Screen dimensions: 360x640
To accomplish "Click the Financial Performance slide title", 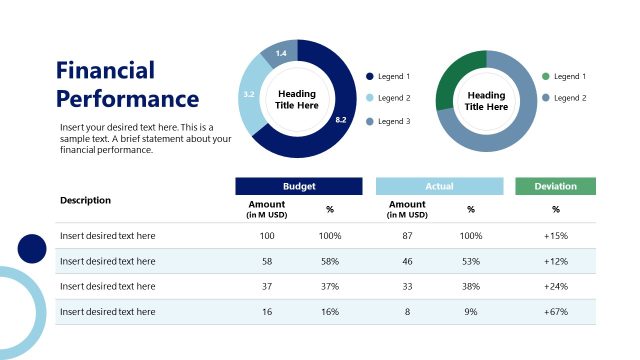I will pos(127,84).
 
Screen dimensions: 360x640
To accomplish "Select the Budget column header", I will pos(298,186).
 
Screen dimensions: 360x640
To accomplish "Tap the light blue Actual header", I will pos(439,186).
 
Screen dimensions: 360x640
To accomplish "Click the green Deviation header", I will pos(555,186).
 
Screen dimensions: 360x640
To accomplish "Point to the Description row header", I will pos(85,200).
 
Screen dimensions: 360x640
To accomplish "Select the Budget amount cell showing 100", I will pos(266,236).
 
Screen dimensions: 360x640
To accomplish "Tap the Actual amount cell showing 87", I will pos(407,236).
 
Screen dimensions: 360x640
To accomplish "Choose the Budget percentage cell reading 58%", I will pos(330,261).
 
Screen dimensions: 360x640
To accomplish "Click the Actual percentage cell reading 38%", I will pos(470,286).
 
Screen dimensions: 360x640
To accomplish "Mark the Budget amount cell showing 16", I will pos(266,312).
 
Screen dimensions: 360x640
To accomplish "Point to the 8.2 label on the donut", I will pos(340,120).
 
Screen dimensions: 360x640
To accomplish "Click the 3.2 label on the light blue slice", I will pos(249,94).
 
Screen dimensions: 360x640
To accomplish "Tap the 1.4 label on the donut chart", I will pos(281,53).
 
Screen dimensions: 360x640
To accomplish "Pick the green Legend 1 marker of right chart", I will pos(545,76).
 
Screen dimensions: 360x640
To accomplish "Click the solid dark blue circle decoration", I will pos(32,249).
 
